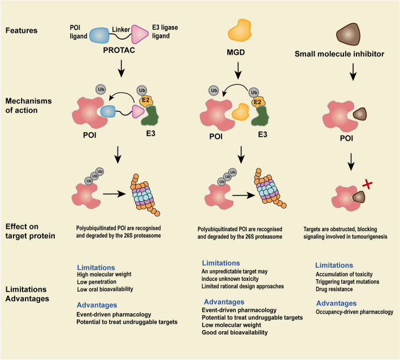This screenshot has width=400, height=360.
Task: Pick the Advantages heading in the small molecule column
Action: click(x=337, y=303)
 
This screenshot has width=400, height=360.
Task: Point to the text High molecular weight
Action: click(x=108, y=275)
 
